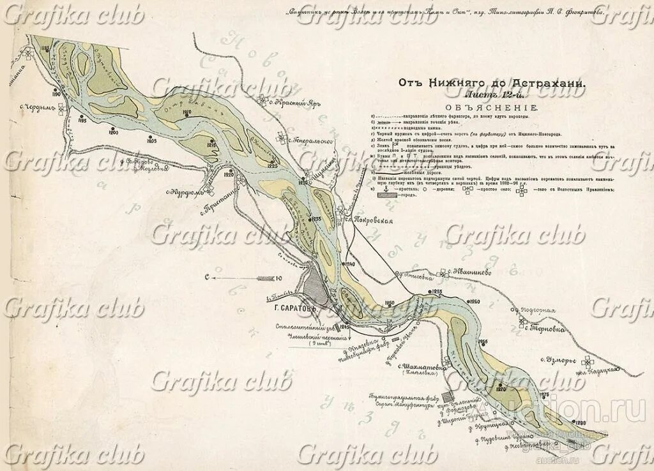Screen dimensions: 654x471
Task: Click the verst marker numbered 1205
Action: point(151,140)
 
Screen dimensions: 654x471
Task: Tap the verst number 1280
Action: point(580,424)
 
